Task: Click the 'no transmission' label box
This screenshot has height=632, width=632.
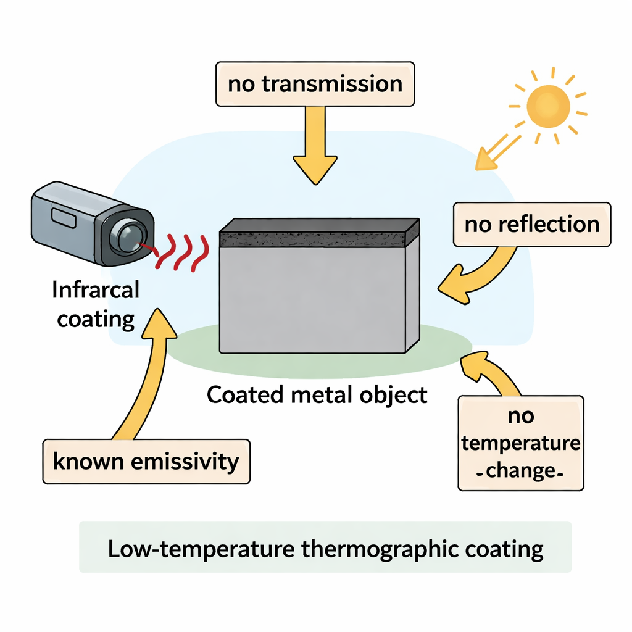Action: (315, 83)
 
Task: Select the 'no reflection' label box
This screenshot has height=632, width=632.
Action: (531, 224)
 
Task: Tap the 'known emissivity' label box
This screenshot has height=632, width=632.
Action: (146, 461)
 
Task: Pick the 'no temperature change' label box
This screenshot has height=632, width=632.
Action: (520, 443)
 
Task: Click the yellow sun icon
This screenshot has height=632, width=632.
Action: (547, 106)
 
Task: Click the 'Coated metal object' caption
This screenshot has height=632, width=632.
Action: (317, 394)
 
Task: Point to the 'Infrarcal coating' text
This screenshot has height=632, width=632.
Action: (96, 304)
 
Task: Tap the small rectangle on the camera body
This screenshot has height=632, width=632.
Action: (62, 217)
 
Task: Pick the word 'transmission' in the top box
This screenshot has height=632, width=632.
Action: (333, 83)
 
